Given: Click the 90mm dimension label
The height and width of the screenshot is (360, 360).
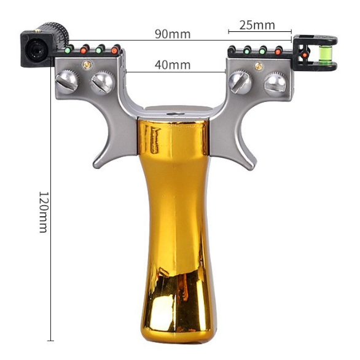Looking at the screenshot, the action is coord(173,34).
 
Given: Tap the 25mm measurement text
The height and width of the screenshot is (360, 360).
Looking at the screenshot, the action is coord(257,25).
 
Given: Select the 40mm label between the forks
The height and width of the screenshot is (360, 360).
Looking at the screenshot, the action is coord(173,65).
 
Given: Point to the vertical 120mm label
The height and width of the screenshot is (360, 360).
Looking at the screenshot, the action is coord(43,212).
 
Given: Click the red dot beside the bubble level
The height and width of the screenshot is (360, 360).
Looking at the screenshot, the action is coord(305,55).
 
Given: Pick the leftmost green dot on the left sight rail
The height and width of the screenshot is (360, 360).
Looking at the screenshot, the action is coord(68,50).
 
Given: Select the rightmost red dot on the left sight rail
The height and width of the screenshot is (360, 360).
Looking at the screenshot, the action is coord(114,50).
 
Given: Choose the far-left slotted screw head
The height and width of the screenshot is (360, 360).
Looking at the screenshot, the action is coord(68,82).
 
